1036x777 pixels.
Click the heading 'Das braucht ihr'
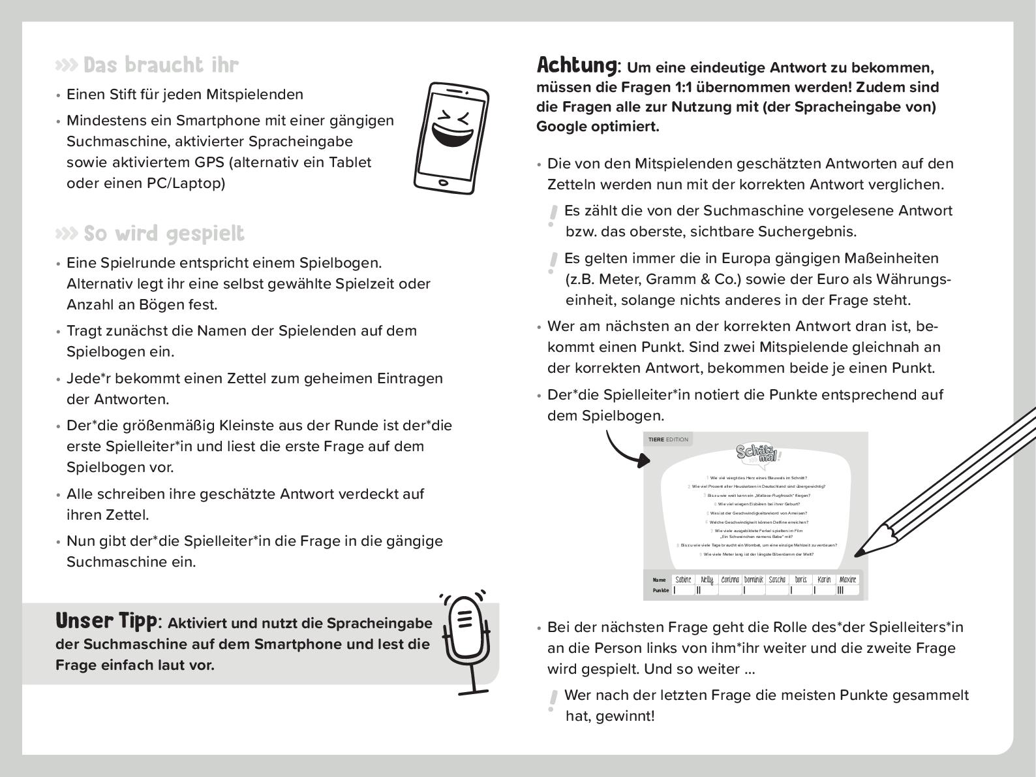point(160,65)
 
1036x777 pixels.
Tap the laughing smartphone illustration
point(451,138)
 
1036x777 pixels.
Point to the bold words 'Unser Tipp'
point(106,620)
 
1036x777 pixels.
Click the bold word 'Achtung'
point(576,65)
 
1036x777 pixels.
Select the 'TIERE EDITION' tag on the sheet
point(668,439)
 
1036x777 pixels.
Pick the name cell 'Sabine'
point(683,580)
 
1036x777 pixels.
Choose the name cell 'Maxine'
point(847,580)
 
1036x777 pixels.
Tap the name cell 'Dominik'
point(754,580)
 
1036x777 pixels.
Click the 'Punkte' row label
point(660,590)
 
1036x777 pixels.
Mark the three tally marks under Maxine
point(840,590)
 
